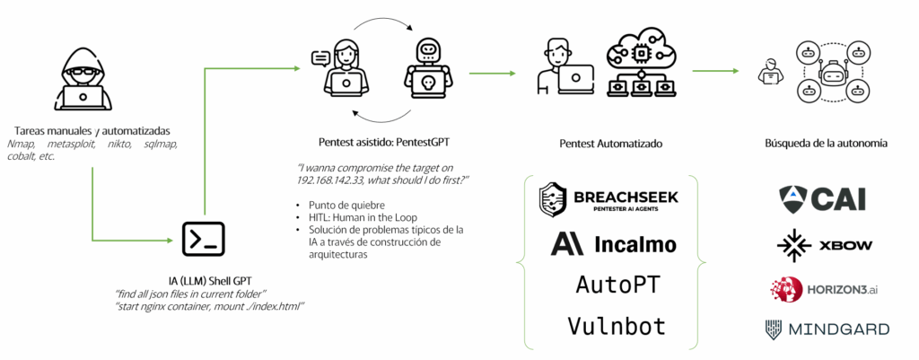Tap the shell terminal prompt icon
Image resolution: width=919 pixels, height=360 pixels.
pos(203,238)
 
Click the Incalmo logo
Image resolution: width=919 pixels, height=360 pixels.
pos(614,244)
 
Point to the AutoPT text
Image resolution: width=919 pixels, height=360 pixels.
pos(617,285)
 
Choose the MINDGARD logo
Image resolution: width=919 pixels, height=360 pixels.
pos(827,329)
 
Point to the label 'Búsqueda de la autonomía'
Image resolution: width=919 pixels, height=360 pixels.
pos(827,143)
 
